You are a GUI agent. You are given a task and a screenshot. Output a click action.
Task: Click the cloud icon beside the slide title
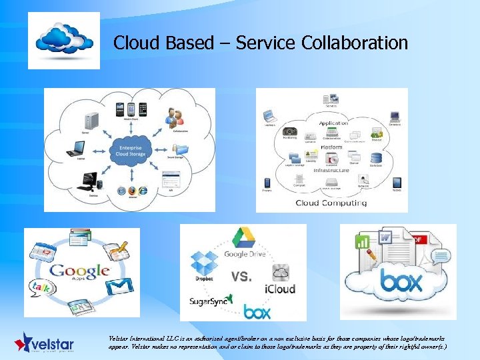(64, 40)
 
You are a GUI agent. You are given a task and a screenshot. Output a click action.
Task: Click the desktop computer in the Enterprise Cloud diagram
(90, 179)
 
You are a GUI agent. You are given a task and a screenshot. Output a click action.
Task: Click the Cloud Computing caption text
(331, 203)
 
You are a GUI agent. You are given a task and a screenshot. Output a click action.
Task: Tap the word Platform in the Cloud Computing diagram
(332, 147)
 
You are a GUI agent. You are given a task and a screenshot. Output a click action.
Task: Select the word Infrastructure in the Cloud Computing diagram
(331, 170)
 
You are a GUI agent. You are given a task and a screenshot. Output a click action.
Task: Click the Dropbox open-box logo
(205, 262)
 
